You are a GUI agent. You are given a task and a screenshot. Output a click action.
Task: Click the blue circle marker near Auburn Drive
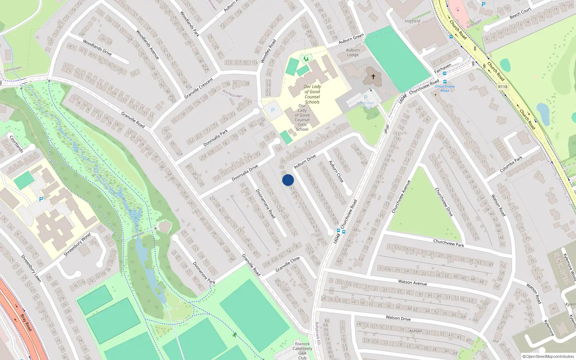(288, 180)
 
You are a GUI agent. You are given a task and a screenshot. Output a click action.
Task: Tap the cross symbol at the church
(373, 76)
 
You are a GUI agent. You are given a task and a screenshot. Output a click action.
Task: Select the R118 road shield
(503, 87)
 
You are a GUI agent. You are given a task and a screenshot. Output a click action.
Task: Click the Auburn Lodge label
(353, 53)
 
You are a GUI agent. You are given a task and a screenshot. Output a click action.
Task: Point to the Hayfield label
(412, 21)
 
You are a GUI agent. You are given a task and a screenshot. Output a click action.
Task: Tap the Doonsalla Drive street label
(245, 173)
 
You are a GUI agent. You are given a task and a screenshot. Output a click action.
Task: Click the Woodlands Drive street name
(97, 48)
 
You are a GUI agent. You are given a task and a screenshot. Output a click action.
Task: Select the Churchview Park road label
(449, 243)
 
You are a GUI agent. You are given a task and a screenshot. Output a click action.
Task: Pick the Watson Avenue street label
(413, 283)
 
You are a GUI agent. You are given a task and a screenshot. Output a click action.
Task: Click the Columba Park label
(511, 164)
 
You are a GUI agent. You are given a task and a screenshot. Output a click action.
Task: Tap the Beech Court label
(520, 13)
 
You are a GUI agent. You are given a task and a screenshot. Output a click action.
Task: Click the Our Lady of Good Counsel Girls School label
(302, 117)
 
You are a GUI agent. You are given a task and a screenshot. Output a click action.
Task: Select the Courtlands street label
(16, 144)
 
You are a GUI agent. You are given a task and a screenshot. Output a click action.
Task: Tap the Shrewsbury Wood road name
(77, 245)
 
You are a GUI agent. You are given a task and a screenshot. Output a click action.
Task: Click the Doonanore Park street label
(204, 273)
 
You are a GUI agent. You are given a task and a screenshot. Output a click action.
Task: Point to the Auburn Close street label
(336, 171)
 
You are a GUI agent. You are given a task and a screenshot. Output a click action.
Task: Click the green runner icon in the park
(234, 335)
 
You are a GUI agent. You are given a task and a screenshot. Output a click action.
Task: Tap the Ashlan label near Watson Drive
(415, 331)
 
